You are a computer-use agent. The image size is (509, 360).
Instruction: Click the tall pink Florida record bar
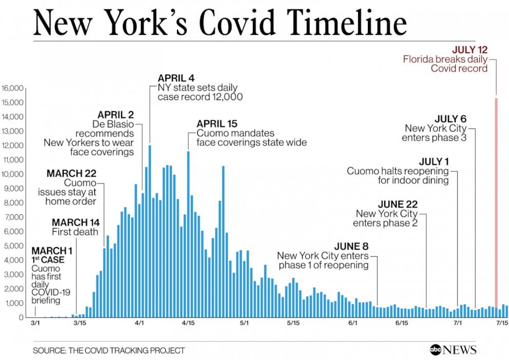[496, 205]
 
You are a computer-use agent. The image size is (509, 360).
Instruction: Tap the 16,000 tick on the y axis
[13, 88]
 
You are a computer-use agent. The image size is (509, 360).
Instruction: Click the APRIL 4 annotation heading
[176, 78]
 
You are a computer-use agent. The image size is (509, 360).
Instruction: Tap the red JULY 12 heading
[469, 50]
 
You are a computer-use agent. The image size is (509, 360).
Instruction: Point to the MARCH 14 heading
[75, 222]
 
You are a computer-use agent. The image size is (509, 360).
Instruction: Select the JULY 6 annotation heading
[451, 119]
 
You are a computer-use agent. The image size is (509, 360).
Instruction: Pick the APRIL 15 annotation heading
[217, 124]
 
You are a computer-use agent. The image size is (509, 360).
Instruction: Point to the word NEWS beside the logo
[461, 350]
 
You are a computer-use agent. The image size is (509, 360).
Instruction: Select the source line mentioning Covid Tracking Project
[109, 351]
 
